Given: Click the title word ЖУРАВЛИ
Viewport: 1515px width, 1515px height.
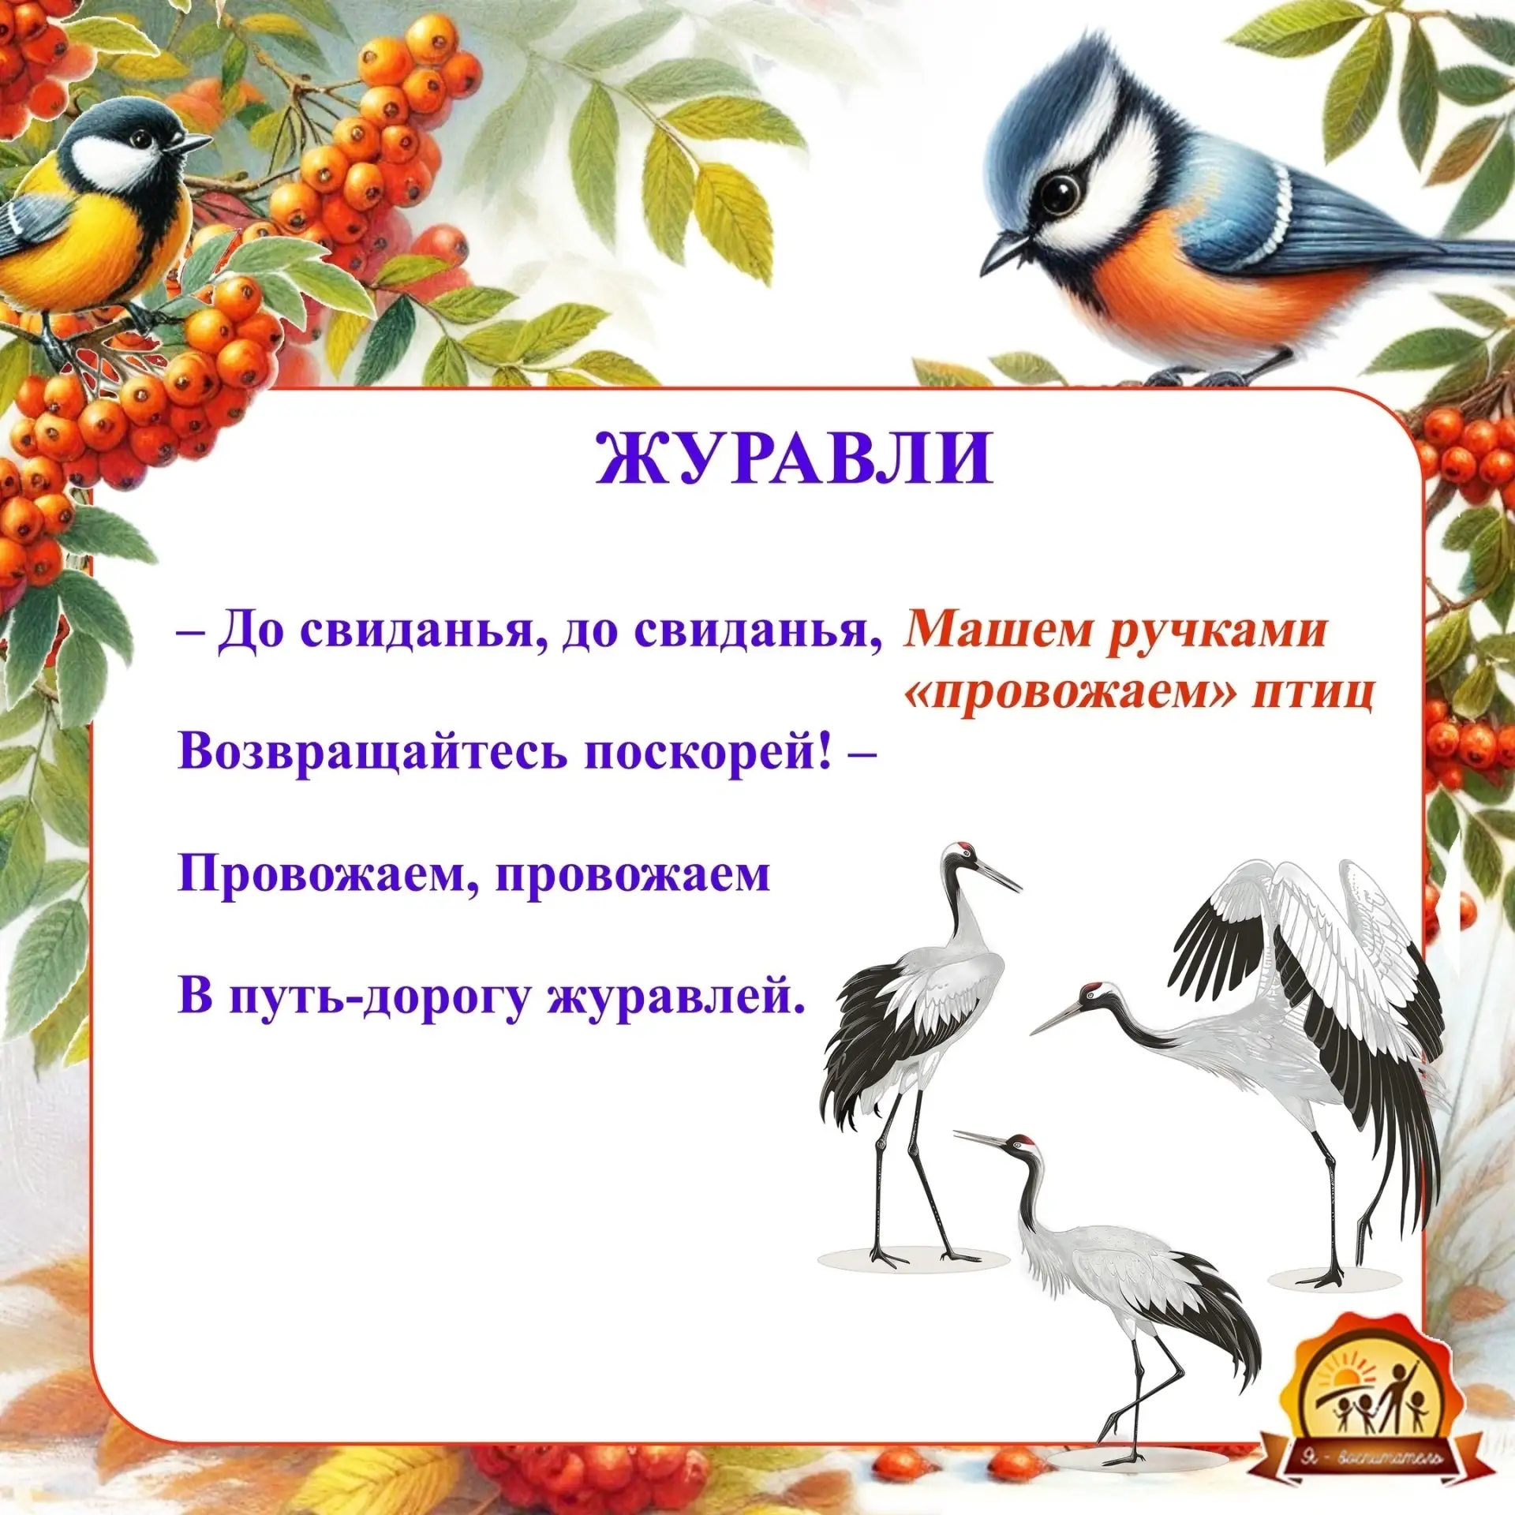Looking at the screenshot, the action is click(794, 458).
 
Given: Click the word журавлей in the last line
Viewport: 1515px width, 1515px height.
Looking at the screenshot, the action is click(678, 997).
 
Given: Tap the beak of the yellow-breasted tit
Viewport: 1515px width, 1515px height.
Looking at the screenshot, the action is click(193, 143).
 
